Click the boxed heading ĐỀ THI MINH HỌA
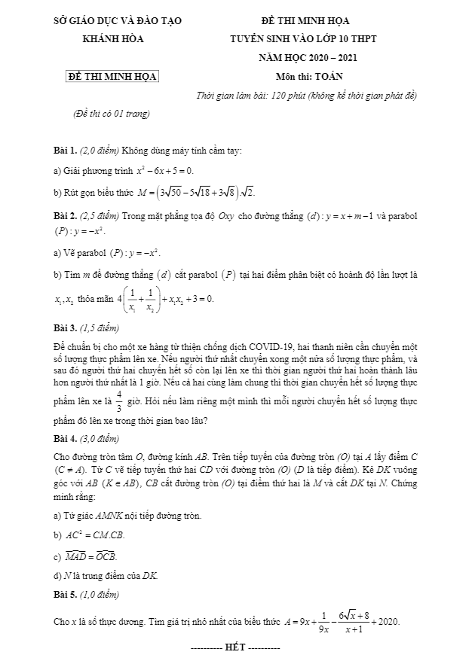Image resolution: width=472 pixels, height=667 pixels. (x=112, y=76)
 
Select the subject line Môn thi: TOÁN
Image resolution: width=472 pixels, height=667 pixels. (x=309, y=76)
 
